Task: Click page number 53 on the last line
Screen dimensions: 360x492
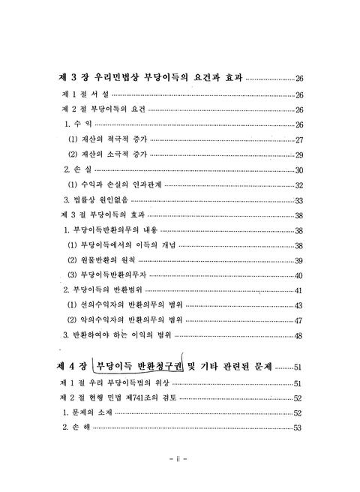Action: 298,428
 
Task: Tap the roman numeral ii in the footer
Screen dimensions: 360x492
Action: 179,457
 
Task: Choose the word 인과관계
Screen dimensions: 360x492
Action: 144,185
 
